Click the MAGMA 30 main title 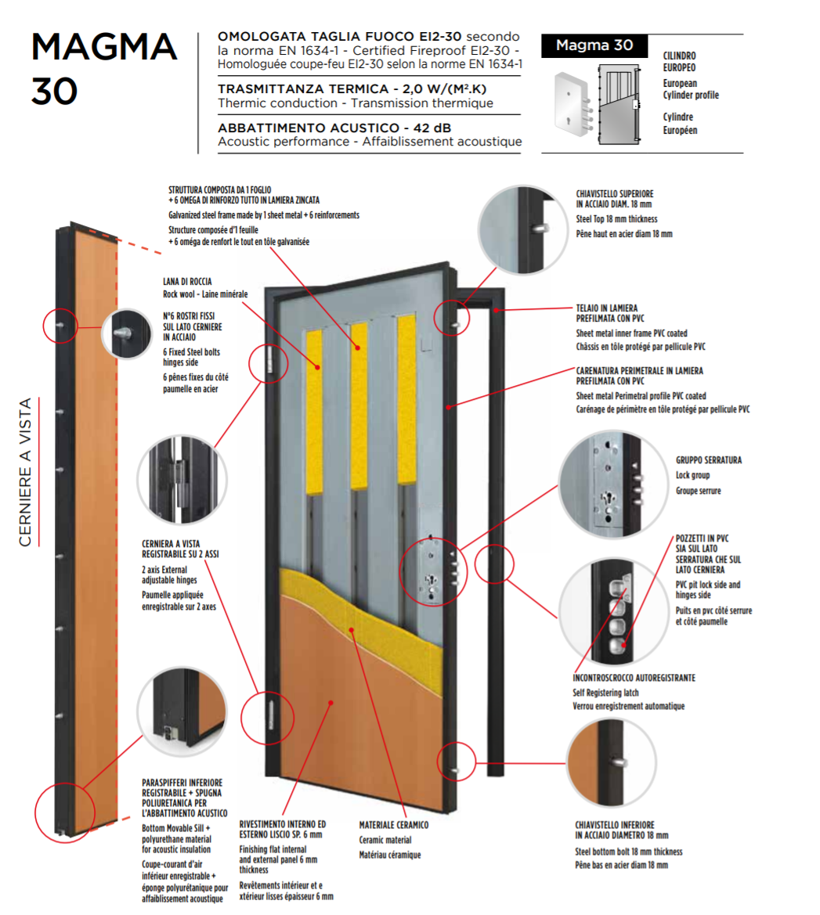103,69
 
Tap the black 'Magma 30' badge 594,45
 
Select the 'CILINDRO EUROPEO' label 679,61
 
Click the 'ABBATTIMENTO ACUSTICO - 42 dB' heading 334,128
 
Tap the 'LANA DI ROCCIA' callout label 187,282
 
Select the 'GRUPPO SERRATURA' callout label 708,460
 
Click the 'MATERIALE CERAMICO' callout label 393,825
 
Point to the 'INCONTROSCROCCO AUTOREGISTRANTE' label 634,678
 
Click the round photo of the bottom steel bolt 611,762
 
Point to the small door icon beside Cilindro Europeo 598,104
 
